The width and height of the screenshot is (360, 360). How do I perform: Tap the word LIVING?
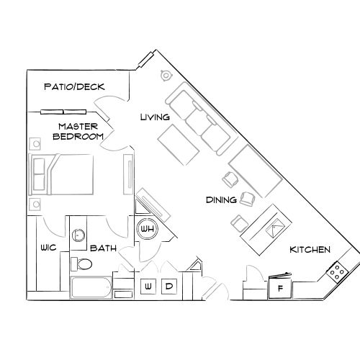tap(154, 117)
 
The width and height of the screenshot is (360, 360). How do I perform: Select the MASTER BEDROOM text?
tap(76, 131)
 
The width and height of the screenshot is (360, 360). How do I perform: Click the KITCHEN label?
tap(310, 250)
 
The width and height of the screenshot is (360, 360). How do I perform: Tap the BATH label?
tap(104, 249)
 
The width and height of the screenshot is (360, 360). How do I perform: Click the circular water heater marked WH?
tap(148, 229)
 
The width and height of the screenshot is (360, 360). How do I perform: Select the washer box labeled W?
tap(149, 287)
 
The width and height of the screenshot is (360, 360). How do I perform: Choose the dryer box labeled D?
tap(169, 287)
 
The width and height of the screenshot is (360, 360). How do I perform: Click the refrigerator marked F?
tap(280, 289)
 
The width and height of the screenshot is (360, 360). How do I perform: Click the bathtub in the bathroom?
tap(91, 289)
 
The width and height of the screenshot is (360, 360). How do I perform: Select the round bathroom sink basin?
tap(78, 234)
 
